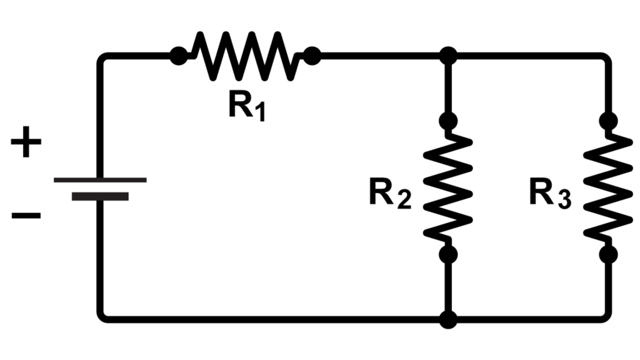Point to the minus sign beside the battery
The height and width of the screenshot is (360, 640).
(x=26, y=216)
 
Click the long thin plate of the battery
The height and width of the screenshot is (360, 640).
(x=100, y=180)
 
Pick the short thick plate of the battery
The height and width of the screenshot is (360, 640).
(x=100, y=196)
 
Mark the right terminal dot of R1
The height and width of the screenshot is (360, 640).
(x=311, y=56)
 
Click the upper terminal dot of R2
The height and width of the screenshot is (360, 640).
(x=447, y=120)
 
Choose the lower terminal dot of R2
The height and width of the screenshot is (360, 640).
(x=447, y=254)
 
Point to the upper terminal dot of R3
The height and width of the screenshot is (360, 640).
(x=607, y=120)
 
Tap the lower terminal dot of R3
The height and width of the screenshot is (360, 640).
(x=607, y=254)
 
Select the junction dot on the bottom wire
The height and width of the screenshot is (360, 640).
(x=447, y=319)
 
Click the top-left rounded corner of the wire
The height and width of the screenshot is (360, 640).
(x=102, y=59)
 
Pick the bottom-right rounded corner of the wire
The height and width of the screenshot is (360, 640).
(x=605, y=316)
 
